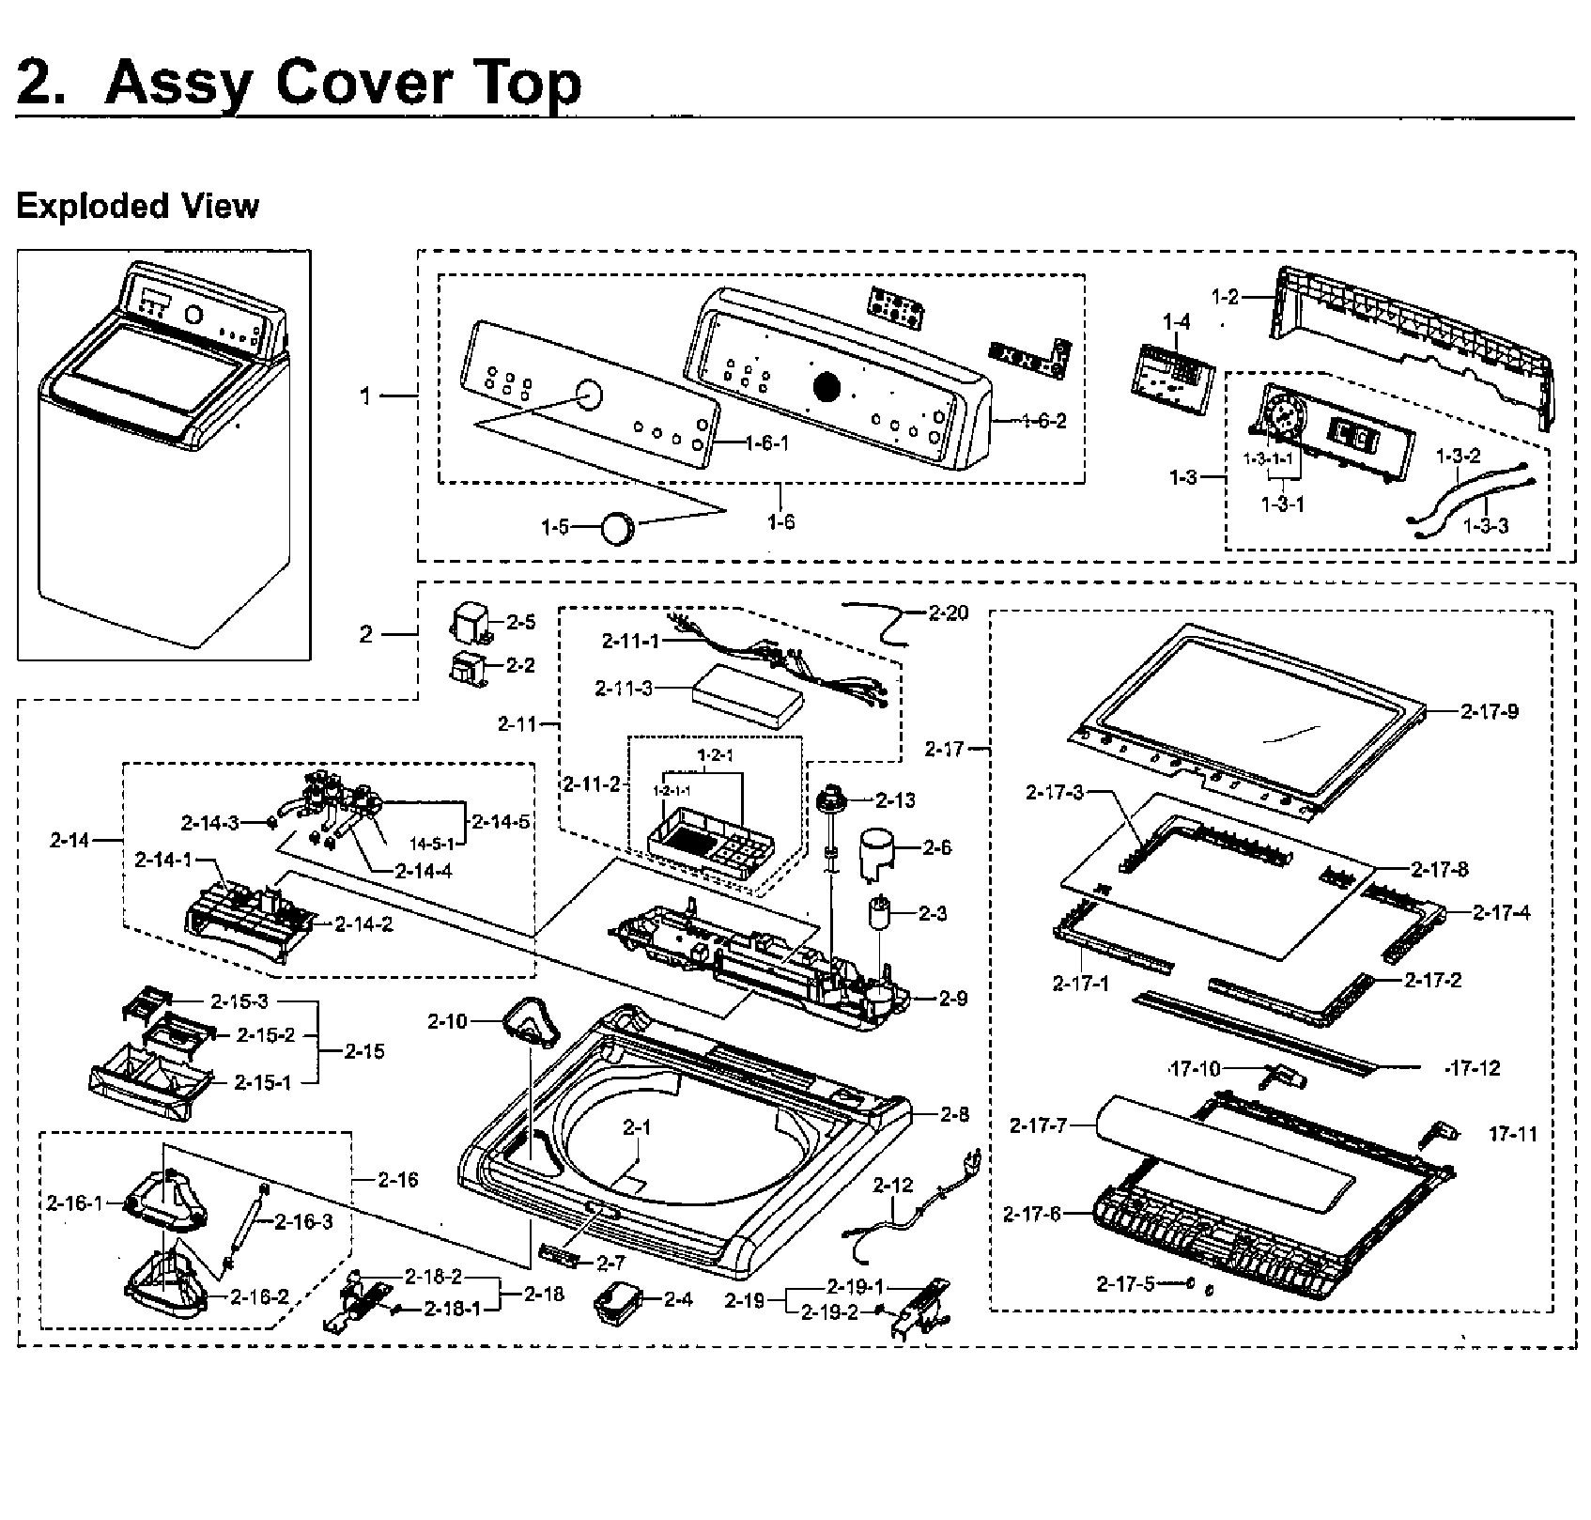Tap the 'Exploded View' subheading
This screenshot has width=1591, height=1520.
point(137,206)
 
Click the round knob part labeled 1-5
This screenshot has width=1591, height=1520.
point(618,528)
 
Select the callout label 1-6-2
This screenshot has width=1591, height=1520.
point(1043,421)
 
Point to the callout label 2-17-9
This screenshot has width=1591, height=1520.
point(1490,712)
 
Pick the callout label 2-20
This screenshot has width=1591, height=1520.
point(948,613)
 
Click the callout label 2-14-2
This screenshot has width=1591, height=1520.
point(363,923)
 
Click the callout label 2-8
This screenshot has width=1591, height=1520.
point(954,1114)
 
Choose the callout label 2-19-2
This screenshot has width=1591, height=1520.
point(829,1312)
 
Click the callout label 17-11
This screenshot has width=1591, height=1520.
point(1513,1135)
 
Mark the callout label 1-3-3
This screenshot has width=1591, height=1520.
point(1486,526)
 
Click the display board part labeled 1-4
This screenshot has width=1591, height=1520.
point(1167,372)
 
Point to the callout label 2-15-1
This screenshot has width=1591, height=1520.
point(262,1082)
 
